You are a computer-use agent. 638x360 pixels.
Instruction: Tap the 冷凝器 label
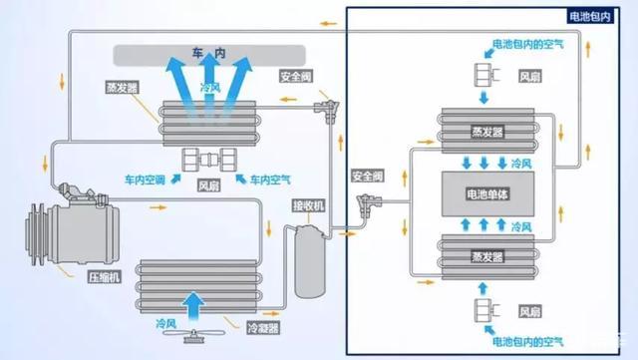[x=261, y=325]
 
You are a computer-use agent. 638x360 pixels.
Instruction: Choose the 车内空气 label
[x=269, y=179]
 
